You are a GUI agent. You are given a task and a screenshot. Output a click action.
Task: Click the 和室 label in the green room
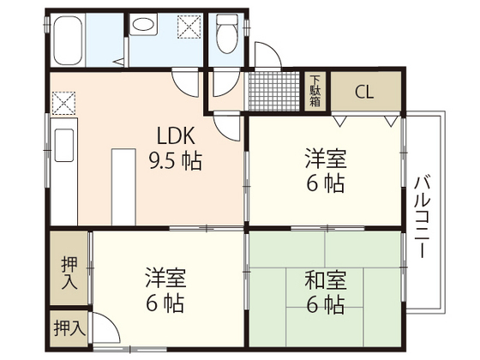pyautogui.click(x=324, y=279)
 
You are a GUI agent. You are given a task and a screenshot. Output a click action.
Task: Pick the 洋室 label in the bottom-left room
pyautogui.click(x=165, y=279)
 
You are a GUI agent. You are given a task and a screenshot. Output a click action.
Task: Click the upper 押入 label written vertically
pyautogui.click(x=69, y=273)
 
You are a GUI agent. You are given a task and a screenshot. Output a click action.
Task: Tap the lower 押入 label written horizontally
pyautogui.click(x=69, y=327)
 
